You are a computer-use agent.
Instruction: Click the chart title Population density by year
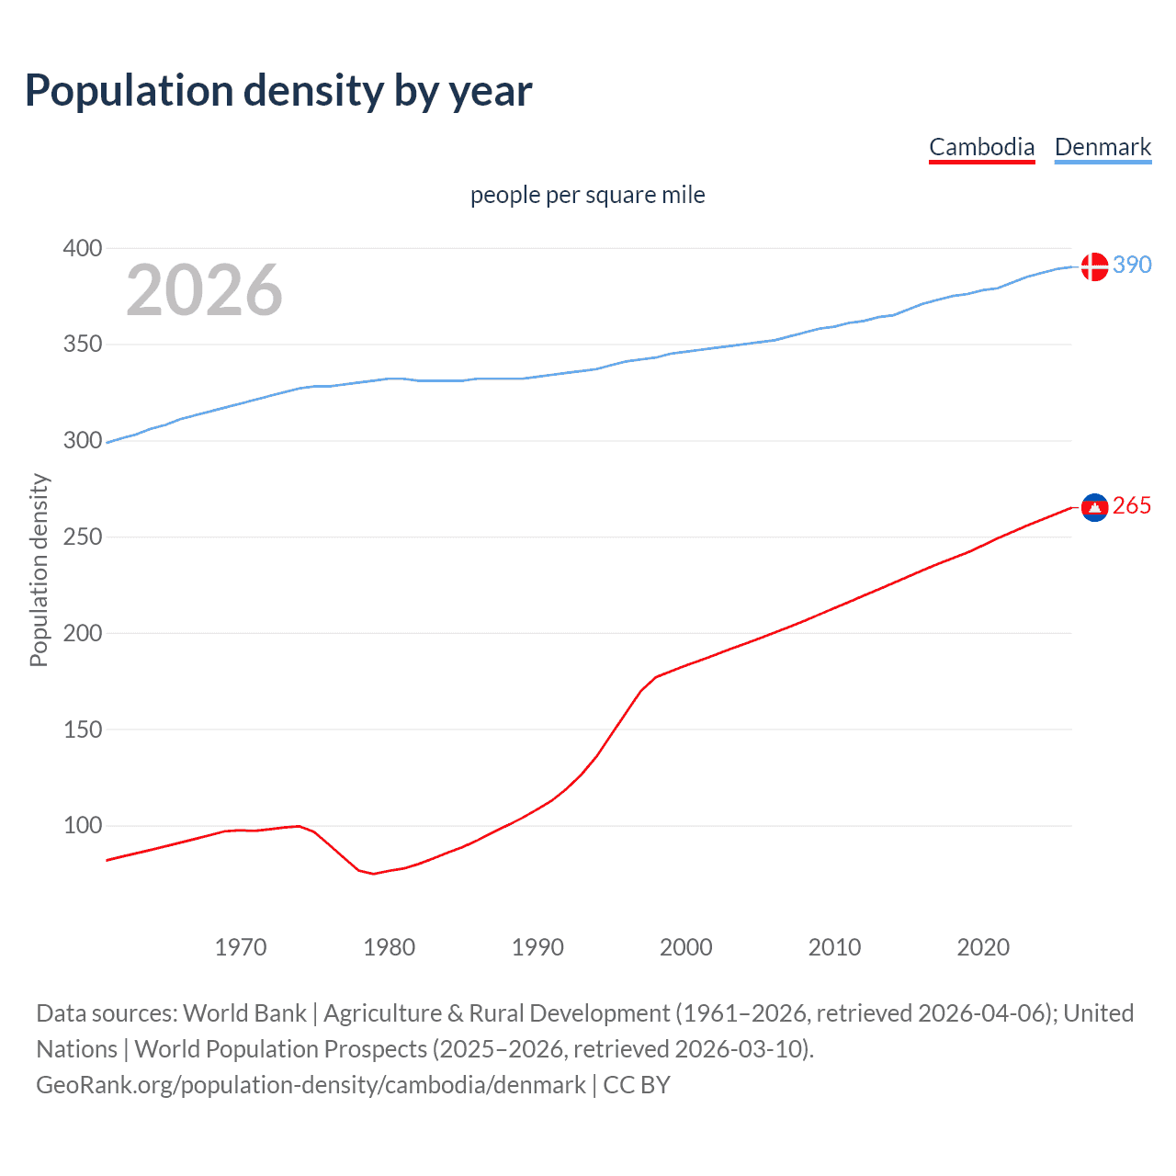coord(278,91)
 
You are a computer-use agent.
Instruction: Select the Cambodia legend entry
coord(981,147)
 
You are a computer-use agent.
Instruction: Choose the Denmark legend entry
coord(1102,147)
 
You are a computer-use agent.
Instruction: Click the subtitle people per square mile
coord(587,196)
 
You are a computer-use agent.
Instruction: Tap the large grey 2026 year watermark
coord(204,290)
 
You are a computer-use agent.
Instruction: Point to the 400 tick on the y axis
coord(83,248)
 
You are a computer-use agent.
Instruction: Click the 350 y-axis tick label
coord(83,345)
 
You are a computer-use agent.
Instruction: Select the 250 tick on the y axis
coord(83,537)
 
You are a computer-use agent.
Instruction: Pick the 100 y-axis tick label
coord(83,825)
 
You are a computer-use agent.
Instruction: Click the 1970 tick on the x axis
coord(241,947)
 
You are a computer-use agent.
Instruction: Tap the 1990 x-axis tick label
coord(537,947)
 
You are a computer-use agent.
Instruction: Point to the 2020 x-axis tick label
coord(983,947)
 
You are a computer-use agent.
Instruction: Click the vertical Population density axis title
coord(39,570)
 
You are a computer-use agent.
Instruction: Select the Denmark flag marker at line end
coord(1094,266)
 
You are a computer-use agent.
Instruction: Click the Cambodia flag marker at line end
coord(1094,507)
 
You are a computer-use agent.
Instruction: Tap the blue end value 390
coord(1132,266)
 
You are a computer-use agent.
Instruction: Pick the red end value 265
coord(1132,506)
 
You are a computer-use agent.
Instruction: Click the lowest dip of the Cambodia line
coord(374,873)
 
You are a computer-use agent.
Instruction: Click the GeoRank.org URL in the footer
coord(311,1085)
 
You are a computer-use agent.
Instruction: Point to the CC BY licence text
coord(637,1085)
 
